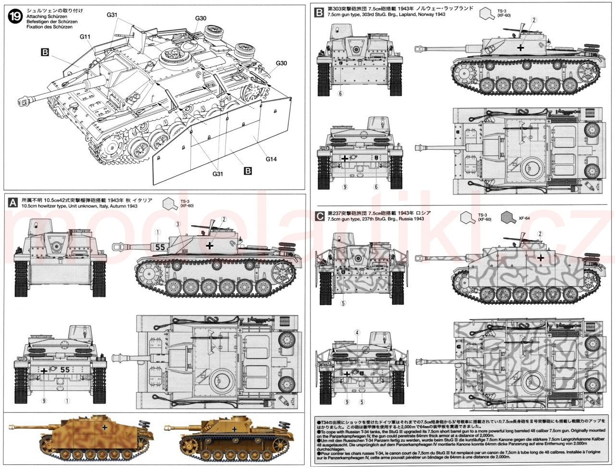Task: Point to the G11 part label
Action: pos(86,37)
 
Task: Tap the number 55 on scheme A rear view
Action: pos(65,370)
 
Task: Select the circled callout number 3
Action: pos(177,224)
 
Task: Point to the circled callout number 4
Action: pos(357,332)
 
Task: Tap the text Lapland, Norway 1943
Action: pos(418,14)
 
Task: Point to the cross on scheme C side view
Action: pos(541,258)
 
